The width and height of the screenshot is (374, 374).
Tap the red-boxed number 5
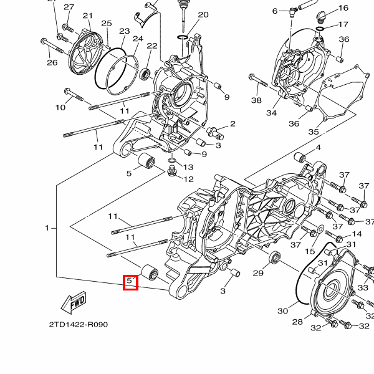click(x=131, y=282)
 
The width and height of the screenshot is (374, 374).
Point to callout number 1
click(x=47, y=228)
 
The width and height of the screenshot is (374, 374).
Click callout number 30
click(x=283, y=310)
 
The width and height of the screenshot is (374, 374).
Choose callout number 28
click(x=297, y=322)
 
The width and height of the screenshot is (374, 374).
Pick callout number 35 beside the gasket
click(x=314, y=132)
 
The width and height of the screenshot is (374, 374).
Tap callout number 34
click(x=271, y=113)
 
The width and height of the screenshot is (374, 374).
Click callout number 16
click(x=343, y=8)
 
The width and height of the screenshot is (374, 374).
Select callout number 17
click(x=343, y=24)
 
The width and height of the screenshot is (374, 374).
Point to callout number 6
click(x=275, y=11)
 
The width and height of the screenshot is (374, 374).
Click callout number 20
click(x=203, y=15)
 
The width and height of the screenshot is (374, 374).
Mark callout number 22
click(x=152, y=46)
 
